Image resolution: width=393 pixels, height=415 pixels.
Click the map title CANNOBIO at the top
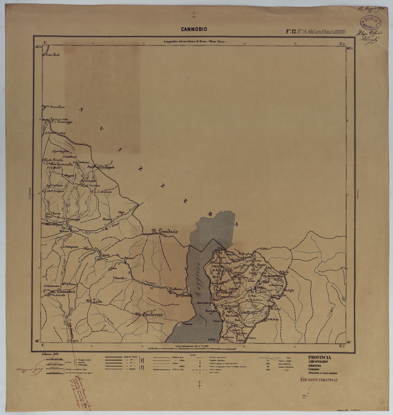tap(194, 29)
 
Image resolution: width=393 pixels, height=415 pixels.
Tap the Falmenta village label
tap(116, 278)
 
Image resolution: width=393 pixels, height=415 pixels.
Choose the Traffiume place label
tap(175, 289)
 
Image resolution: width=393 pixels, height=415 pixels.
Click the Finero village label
tap(89, 248)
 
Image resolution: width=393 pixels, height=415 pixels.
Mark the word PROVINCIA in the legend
tap(319, 357)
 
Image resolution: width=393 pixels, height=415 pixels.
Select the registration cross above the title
tap(194, 15)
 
